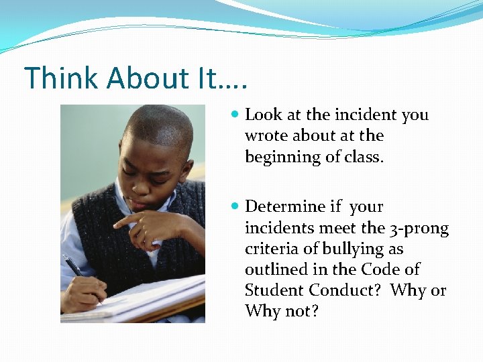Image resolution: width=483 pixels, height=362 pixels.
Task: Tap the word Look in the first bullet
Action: [x=264, y=115]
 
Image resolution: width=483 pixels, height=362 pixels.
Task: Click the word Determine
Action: [x=285, y=206]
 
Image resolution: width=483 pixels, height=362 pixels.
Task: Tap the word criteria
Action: [x=269, y=249]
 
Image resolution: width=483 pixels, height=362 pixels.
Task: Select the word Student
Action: [x=274, y=290]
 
